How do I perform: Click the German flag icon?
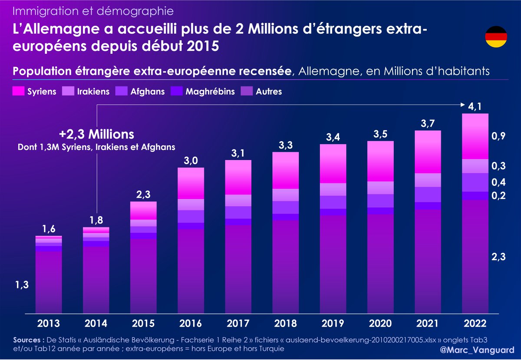[x=496, y=36]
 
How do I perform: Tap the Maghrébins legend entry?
[x=204, y=92]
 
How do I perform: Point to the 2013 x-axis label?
[x=48, y=324]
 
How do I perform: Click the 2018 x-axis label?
[x=285, y=324]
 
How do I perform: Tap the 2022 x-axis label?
[x=475, y=324]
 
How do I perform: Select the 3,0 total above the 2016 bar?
[x=191, y=161]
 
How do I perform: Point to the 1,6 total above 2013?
[x=49, y=229]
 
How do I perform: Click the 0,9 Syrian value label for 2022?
[x=498, y=136]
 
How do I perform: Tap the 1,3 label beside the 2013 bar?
[x=21, y=285]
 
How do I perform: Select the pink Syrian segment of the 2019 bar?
[x=333, y=164]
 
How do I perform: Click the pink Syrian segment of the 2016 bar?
[x=191, y=183]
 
